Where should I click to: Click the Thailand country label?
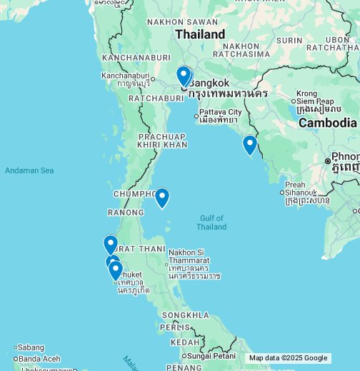(200, 34)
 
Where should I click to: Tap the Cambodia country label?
(327, 123)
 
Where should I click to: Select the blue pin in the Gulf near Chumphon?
(162, 197)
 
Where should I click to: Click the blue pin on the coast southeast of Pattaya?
(249, 144)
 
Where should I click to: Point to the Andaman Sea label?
(29, 171)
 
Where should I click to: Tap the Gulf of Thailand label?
(211, 223)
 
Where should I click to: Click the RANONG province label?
(126, 213)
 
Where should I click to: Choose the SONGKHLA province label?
(186, 315)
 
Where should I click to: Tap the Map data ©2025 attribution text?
(275, 358)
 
